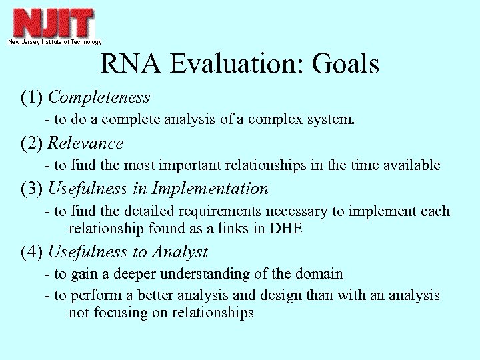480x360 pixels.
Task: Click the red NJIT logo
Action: coord(53,22)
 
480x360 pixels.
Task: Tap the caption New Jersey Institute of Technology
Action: coord(55,42)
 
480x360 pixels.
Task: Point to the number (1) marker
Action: coord(32,97)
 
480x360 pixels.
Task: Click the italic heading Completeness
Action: coord(99,97)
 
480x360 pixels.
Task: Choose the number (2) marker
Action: coord(32,143)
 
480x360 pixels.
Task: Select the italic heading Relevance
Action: coord(86,143)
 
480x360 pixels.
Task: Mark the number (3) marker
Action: coord(32,189)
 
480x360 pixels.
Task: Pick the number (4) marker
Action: coord(32,252)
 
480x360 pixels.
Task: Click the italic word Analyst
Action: coord(180,252)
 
